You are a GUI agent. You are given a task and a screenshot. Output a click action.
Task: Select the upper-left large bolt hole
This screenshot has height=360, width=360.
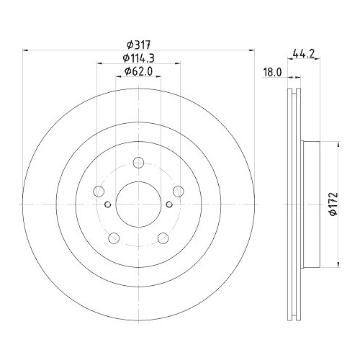[99, 192]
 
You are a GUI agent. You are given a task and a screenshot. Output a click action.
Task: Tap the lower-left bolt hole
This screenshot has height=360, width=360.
[114, 238]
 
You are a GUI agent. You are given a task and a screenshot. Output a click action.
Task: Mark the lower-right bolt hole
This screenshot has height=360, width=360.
[163, 238]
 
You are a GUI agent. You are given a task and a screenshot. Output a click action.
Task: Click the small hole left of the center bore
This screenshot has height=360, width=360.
[108, 204]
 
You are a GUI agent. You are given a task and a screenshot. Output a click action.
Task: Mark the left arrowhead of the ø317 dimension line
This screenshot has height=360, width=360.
[27, 50]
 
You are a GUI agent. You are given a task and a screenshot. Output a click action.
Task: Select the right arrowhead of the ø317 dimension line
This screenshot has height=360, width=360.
[252, 50]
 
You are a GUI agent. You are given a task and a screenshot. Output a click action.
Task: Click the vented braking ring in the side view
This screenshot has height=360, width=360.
[294, 205]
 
